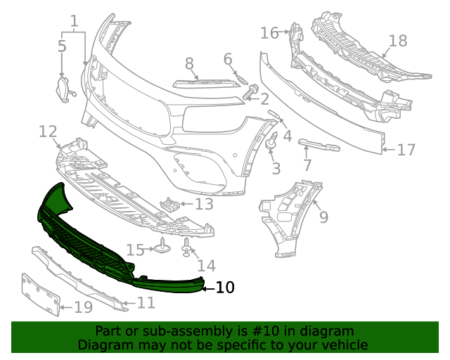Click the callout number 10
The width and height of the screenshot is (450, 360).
225,288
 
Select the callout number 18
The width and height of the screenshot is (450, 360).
398,40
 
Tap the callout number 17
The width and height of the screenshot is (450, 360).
406,150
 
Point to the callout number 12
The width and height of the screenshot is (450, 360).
48,131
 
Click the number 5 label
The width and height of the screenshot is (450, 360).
62,46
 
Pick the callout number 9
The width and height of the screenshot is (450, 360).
323,217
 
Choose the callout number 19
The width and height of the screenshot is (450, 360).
83,307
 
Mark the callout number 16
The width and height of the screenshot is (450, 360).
269,32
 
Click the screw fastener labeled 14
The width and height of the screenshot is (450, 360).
187,245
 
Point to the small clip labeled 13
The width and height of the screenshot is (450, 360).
169,205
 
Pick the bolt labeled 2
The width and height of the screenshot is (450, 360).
250,91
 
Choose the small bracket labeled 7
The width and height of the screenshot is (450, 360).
319,146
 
